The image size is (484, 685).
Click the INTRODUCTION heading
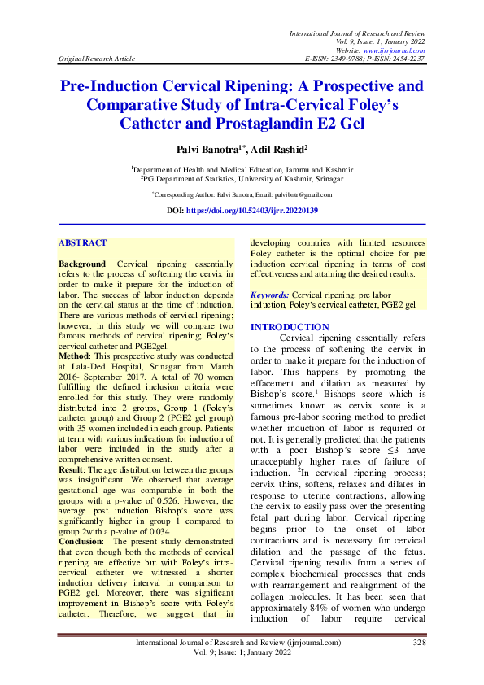coord(290,327)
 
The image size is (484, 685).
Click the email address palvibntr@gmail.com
coord(302,194)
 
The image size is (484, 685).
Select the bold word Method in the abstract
coord(76,357)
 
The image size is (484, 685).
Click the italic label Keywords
coord(269,293)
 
